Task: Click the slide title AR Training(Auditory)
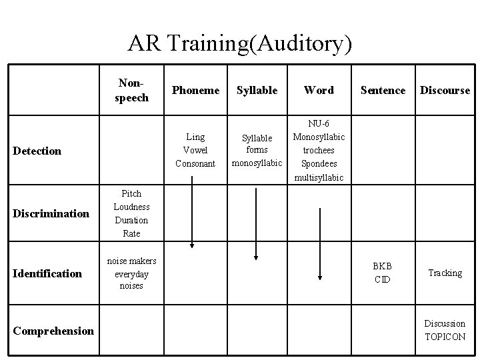[239, 43]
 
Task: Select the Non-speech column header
[133, 90]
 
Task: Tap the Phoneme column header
[195, 91]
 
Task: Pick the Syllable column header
[257, 91]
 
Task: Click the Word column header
[319, 91]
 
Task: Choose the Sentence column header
[383, 91]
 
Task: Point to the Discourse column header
[445, 91]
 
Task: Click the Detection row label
[37, 151]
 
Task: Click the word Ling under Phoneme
[195, 137]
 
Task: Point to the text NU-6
[319, 124]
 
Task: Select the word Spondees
[319, 164]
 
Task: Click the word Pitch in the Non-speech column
[131, 194]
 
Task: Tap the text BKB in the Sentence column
[383, 267]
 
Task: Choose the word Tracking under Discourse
[445, 273]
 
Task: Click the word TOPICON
[445, 337]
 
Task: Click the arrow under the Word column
[321, 243]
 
